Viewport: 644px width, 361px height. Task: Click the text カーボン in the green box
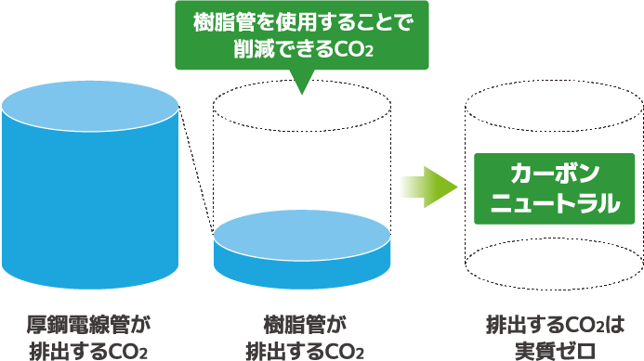click(546, 174)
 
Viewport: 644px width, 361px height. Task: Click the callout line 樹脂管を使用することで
click(303, 21)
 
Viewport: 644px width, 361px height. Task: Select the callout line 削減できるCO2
click(303, 50)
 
